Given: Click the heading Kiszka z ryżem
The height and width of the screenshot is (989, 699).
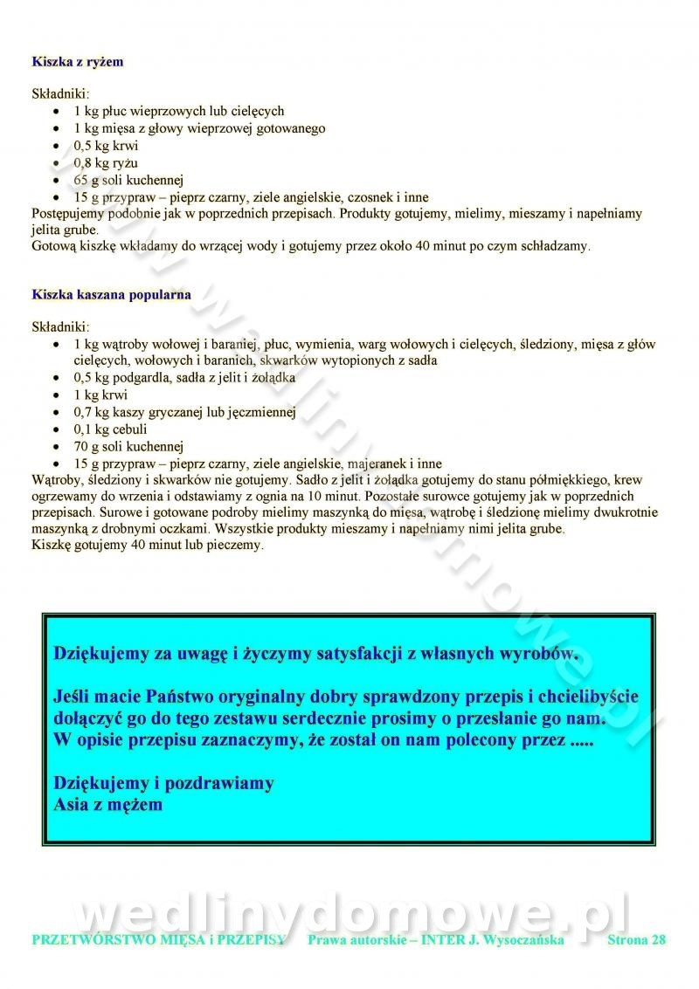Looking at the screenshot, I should (x=77, y=62).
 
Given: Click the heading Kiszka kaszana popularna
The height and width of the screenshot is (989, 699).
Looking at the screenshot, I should (x=111, y=294).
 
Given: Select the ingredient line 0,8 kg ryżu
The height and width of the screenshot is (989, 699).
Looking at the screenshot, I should (x=106, y=162).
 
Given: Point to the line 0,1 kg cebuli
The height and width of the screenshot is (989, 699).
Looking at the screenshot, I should (x=110, y=429).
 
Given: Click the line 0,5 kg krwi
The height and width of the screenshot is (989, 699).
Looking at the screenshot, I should (x=106, y=146).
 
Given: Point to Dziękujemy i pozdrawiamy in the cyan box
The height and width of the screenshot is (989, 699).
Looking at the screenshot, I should (x=163, y=782).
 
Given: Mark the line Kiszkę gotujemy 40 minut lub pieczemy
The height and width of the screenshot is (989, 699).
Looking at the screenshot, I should (x=147, y=546).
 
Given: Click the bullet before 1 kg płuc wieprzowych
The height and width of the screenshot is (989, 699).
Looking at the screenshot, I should (x=57, y=112).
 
